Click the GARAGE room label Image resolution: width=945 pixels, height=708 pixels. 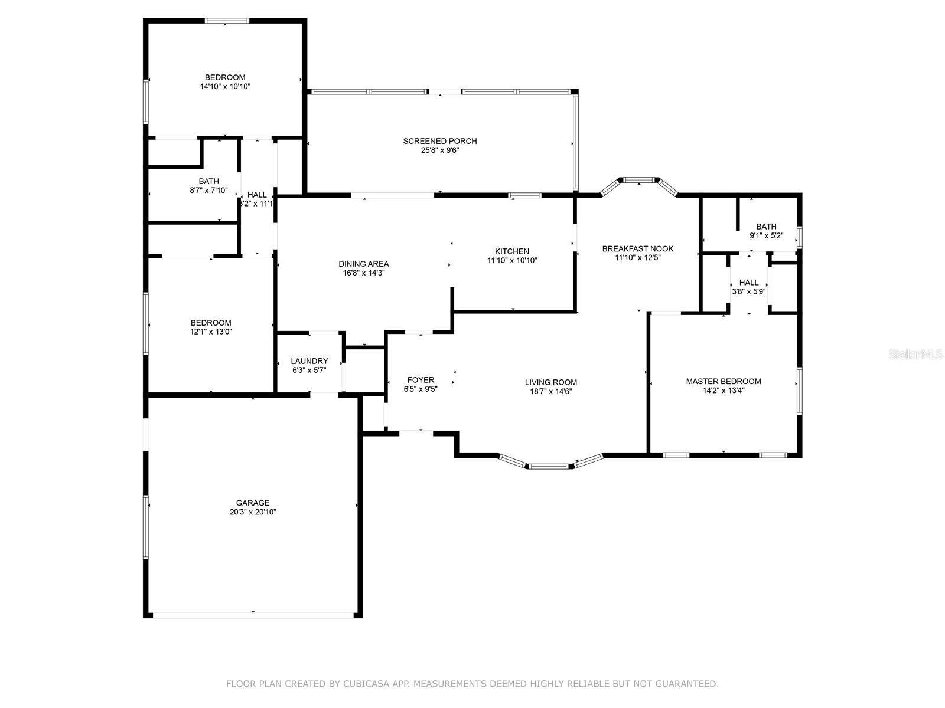click(x=253, y=503)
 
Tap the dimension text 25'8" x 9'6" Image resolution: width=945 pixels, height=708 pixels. click(x=439, y=150)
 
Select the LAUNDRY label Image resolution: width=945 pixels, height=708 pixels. click(x=309, y=361)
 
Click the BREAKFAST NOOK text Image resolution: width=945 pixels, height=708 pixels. click(x=637, y=248)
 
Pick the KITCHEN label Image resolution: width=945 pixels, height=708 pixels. click(x=511, y=251)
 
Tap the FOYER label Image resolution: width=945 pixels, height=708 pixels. click(x=421, y=380)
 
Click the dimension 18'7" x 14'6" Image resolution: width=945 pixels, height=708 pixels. click(x=550, y=391)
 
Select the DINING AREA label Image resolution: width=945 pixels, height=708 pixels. click(x=363, y=264)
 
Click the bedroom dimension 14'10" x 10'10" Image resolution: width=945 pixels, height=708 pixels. click(x=225, y=87)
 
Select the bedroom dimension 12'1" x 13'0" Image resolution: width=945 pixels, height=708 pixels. click(x=211, y=332)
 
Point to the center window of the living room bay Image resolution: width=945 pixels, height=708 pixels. click(x=549, y=467)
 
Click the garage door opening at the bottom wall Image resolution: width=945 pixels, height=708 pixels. click(x=253, y=615)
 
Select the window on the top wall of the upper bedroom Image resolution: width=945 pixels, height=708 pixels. click(x=227, y=21)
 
